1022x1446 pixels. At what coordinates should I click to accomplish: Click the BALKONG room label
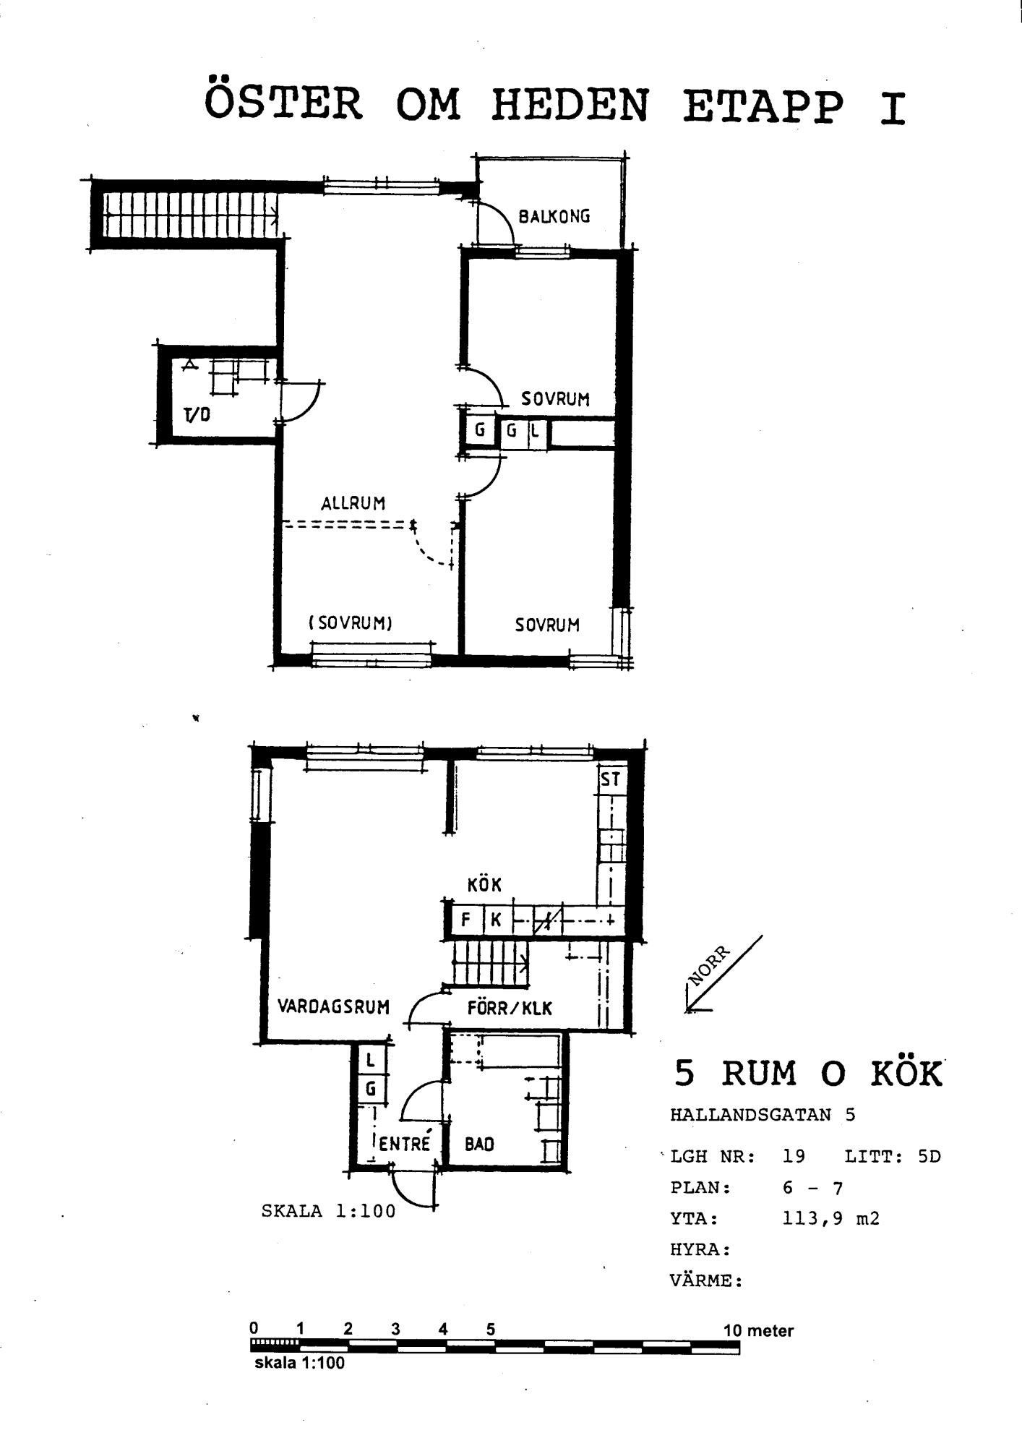click(554, 216)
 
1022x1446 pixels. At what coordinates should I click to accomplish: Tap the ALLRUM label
click(353, 503)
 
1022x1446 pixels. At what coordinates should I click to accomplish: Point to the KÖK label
click(484, 884)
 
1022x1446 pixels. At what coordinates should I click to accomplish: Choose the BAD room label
click(479, 1145)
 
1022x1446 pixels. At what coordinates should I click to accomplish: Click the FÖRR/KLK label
click(510, 1008)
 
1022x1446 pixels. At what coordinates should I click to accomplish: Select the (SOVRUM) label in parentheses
click(351, 623)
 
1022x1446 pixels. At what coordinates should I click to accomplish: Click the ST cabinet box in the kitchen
click(611, 779)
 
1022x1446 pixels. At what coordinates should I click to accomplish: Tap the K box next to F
click(497, 920)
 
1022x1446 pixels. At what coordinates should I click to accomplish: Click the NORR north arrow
click(723, 973)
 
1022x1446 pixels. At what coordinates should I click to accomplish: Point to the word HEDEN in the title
click(570, 106)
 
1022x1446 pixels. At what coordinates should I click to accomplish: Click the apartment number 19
click(794, 1156)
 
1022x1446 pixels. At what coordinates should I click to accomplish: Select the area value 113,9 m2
click(831, 1219)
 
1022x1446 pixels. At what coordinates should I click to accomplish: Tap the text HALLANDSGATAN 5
click(763, 1114)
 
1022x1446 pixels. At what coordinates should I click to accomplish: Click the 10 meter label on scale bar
click(758, 1330)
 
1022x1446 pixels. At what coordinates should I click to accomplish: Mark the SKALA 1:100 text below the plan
click(329, 1211)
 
